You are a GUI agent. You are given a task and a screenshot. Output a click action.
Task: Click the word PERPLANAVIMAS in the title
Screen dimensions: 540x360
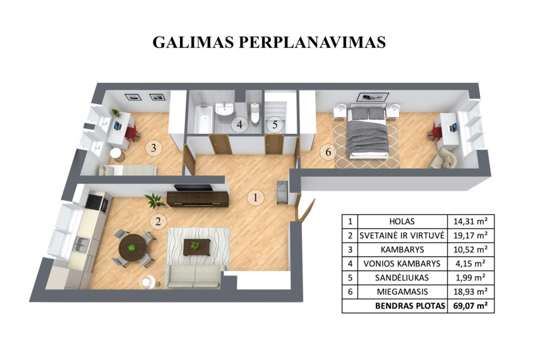click(311, 42)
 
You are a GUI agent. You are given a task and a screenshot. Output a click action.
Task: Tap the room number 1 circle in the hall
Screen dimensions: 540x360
click(255, 198)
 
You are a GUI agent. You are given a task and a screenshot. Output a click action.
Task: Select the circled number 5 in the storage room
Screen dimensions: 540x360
click(275, 124)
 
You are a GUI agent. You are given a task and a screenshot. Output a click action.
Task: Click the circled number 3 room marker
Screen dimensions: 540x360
click(153, 148)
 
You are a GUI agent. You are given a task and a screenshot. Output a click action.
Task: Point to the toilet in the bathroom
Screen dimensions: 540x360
click(255, 112)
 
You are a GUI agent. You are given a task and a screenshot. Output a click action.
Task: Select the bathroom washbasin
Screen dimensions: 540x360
click(224, 109)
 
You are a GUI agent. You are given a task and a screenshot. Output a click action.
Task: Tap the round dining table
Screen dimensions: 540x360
click(132, 248)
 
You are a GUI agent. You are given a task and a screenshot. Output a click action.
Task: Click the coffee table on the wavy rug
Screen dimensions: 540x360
click(197, 247)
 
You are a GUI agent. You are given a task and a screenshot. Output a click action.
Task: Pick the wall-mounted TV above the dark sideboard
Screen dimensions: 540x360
click(193, 188)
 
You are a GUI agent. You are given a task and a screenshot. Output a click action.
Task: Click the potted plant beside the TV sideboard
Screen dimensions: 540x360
click(154, 200)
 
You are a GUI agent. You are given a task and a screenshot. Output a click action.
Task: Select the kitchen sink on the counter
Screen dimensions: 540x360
click(82, 244)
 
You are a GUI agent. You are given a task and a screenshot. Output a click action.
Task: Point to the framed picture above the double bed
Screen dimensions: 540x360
click(373, 97)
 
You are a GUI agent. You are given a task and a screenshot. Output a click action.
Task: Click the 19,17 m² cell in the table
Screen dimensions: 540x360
click(471, 236)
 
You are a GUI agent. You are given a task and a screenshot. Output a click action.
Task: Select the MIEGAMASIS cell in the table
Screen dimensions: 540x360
click(402, 292)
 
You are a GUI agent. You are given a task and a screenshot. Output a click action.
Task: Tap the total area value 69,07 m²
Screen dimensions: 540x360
click(471, 306)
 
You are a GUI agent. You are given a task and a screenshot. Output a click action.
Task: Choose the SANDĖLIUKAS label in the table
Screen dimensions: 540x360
click(402, 278)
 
